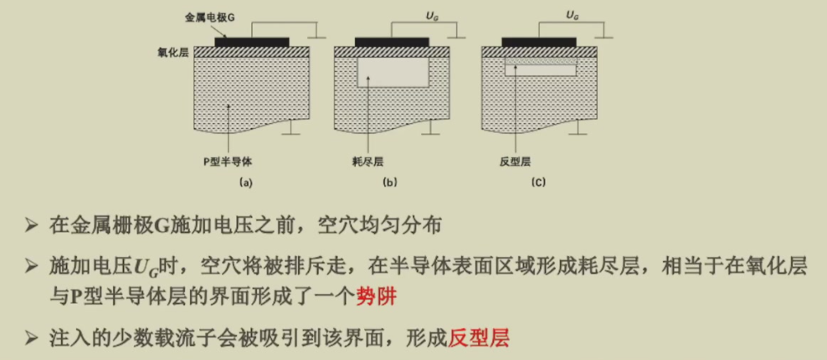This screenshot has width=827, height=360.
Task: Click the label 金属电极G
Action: click(x=209, y=17)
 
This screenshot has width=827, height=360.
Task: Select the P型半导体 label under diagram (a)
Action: click(x=229, y=162)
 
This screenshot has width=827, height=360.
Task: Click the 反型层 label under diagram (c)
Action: click(x=514, y=162)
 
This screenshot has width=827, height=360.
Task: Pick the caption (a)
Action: click(x=246, y=183)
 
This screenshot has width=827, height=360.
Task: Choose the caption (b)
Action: click(x=391, y=183)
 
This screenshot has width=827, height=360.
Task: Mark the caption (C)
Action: click(x=538, y=183)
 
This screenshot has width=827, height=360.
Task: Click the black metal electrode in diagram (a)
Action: click(x=252, y=42)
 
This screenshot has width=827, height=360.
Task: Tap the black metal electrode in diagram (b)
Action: click(x=392, y=42)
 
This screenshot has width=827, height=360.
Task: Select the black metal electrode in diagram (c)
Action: click(x=539, y=42)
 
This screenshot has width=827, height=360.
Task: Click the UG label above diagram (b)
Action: click(x=432, y=17)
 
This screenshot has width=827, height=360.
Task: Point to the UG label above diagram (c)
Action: click(x=573, y=17)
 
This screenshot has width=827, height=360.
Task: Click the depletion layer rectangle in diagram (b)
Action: click(x=393, y=72)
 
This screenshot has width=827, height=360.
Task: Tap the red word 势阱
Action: click(x=377, y=297)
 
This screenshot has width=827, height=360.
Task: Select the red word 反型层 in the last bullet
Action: click(x=479, y=337)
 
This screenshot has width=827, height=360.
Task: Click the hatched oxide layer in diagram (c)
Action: click(x=539, y=52)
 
